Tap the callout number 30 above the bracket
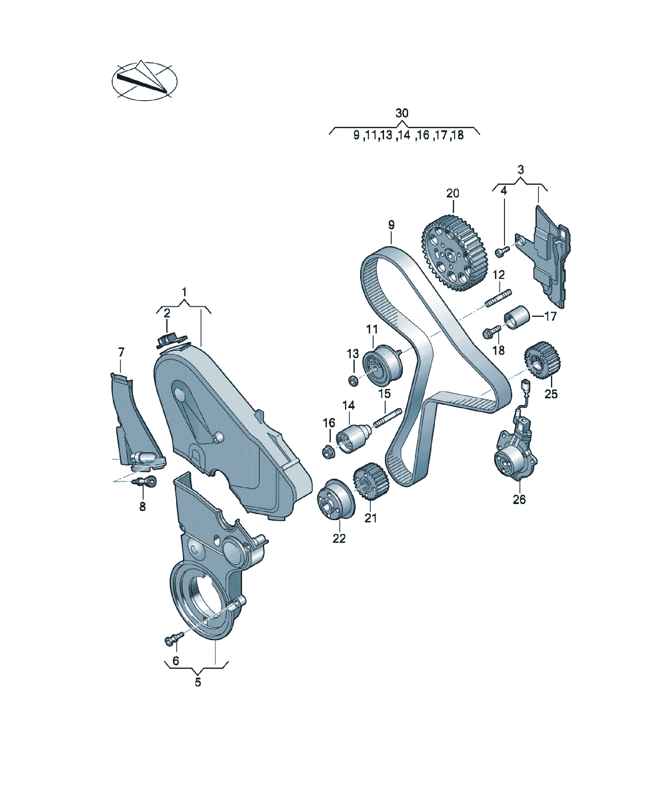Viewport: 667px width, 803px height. (402, 113)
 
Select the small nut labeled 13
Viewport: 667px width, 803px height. (353, 380)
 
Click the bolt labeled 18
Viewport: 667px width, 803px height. (492, 332)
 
